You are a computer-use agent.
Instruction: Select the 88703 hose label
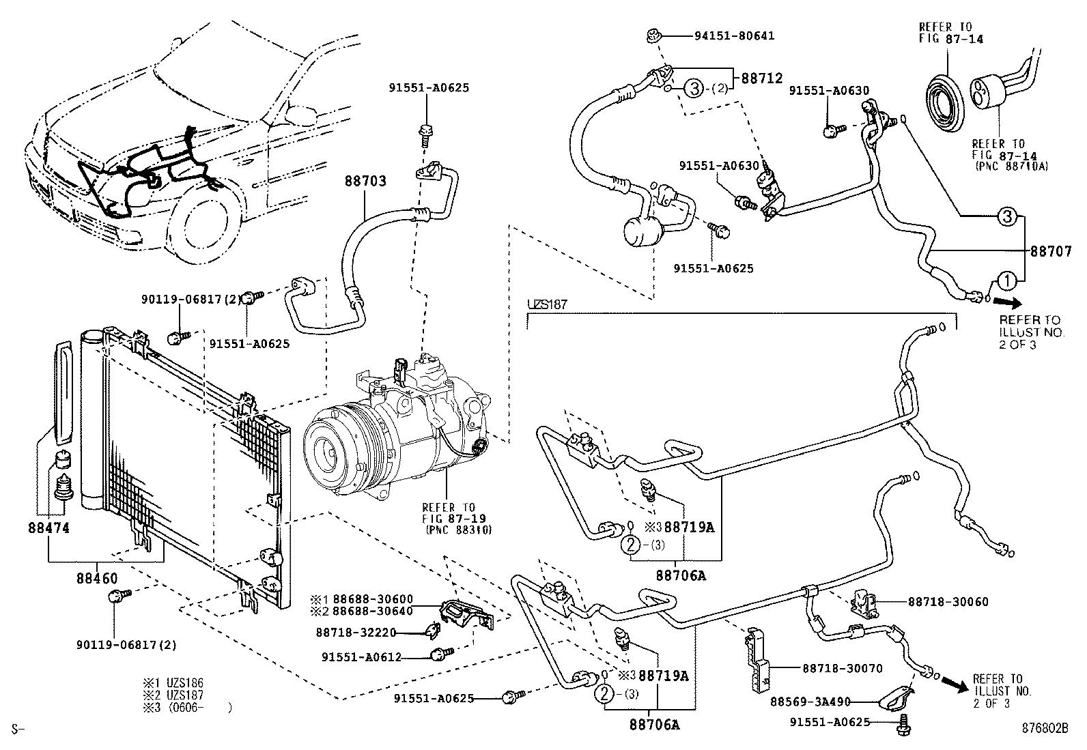click(x=365, y=182)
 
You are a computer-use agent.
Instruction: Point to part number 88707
click(x=1050, y=251)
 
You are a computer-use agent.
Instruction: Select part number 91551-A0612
click(x=361, y=657)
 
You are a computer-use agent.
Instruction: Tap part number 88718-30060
click(x=948, y=602)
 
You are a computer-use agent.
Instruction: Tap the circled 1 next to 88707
click(x=1006, y=280)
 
